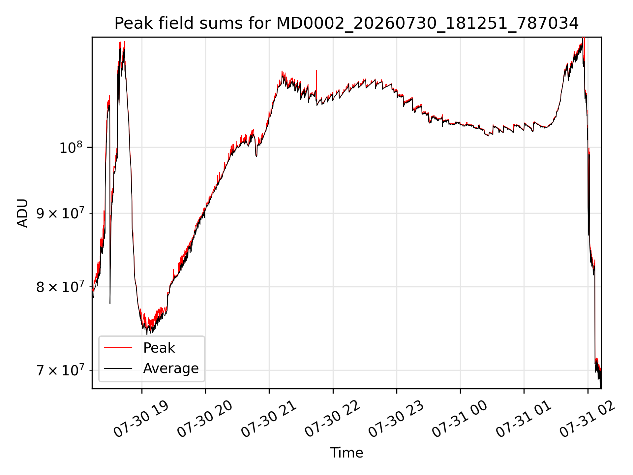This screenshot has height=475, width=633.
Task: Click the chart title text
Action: coord(347,23)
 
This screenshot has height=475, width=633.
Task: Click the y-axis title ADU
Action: coord(22,213)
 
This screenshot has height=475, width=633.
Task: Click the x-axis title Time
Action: coord(347,453)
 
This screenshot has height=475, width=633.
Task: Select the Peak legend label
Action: coord(159,348)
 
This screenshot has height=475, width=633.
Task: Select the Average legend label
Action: coord(171,368)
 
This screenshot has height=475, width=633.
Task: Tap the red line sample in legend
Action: coord(118,348)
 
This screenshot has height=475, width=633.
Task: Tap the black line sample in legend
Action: coord(118,368)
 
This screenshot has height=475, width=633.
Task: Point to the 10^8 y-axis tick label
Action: coord(71,147)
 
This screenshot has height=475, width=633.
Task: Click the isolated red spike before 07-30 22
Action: coord(316,81)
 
